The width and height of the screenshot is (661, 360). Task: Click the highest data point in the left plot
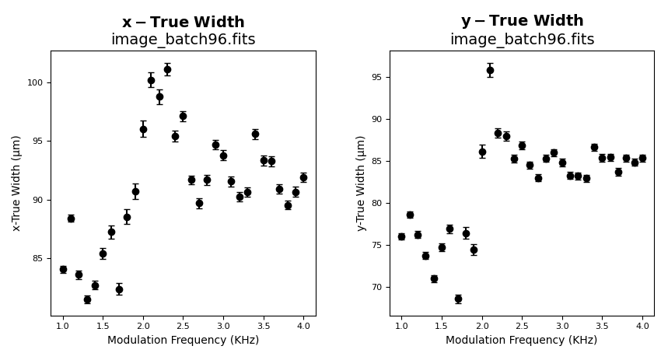click(167, 69)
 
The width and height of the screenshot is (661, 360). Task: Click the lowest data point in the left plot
click(87, 299)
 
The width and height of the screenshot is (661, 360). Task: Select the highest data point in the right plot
click(490, 70)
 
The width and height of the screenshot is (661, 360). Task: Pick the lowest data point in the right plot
click(458, 299)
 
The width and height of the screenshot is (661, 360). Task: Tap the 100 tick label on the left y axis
click(36, 82)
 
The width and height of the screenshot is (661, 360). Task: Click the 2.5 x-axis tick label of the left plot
click(183, 327)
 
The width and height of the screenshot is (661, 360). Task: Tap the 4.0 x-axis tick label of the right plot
click(642, 327)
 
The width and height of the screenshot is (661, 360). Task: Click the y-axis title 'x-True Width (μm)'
click(17, 183)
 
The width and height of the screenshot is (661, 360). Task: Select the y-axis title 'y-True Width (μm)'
click(361, 183)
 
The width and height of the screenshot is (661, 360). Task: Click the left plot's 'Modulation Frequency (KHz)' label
click(183, 341)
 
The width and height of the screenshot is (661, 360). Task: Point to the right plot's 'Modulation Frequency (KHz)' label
click(522, 341)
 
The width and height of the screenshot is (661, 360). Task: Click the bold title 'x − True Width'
click(183, 23)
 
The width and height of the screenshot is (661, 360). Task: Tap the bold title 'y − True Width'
click(522, 21)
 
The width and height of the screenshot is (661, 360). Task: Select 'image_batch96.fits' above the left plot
click(183, 40)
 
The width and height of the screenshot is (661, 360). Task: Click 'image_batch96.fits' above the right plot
click(522, 40)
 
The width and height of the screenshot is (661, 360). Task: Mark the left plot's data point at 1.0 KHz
click(63, 270)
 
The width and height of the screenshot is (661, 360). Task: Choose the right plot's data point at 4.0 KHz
click(642, 158)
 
